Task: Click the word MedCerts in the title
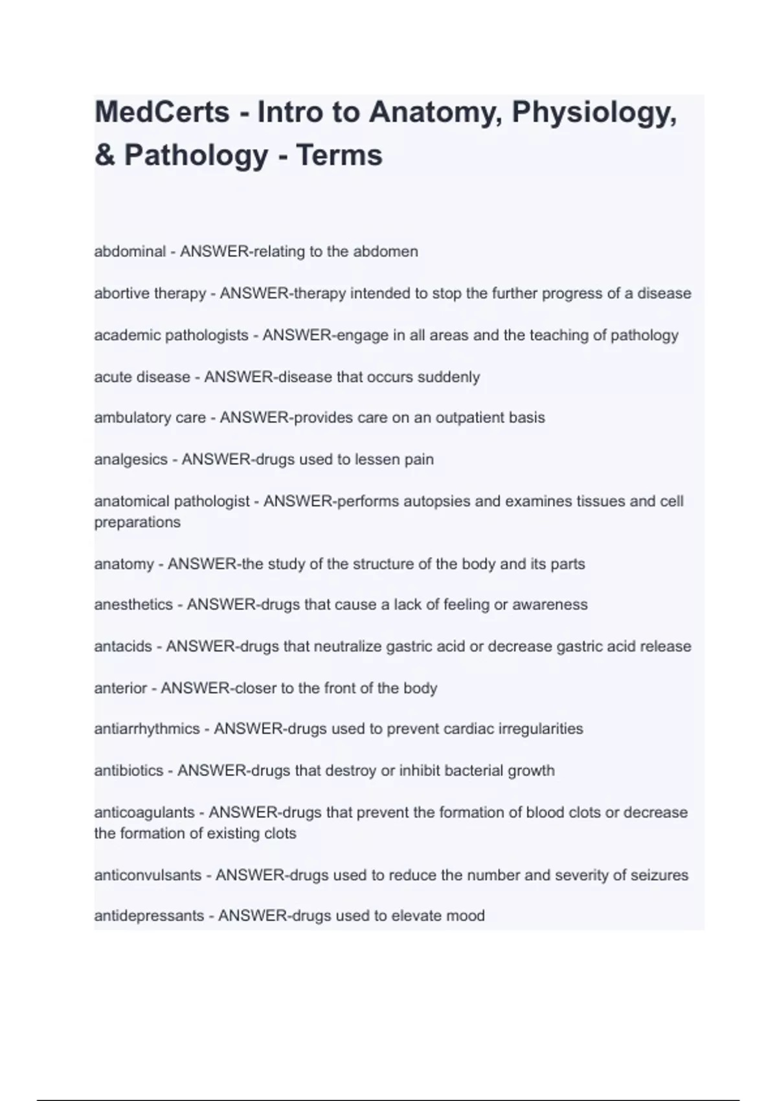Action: coord(162,112)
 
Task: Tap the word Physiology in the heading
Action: coord(594,113)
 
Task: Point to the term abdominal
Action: coord(130,251)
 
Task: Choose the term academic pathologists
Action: coord(171,335)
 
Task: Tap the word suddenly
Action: coord(449,377)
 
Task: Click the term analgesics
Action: coord(131,460)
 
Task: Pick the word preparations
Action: coord(137,522)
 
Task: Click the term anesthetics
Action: coord(133,605)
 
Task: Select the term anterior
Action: coord(120,688)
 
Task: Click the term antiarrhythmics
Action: coord(147,729)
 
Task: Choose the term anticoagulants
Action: coord(144,812)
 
